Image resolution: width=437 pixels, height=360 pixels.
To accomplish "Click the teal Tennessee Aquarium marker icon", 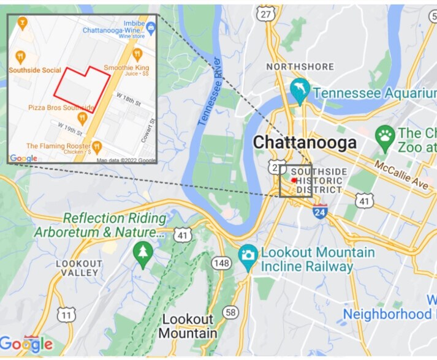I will [300, 91].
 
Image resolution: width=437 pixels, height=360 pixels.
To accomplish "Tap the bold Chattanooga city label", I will [305, 142].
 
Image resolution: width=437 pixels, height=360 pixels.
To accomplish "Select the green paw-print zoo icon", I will [385, 135].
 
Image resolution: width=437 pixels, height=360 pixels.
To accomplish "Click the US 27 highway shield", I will [266, 13].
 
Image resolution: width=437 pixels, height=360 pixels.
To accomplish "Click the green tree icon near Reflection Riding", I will [143, 252].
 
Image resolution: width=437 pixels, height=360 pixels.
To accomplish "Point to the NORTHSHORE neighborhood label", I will [300, 66].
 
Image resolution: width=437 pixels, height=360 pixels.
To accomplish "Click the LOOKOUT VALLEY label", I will [78, 268].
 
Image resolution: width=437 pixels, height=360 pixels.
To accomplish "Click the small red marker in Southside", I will [294, 181].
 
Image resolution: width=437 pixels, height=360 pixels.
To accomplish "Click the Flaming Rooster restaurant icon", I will [96, 147].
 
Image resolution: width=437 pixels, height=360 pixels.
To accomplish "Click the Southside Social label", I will [35, 70].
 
